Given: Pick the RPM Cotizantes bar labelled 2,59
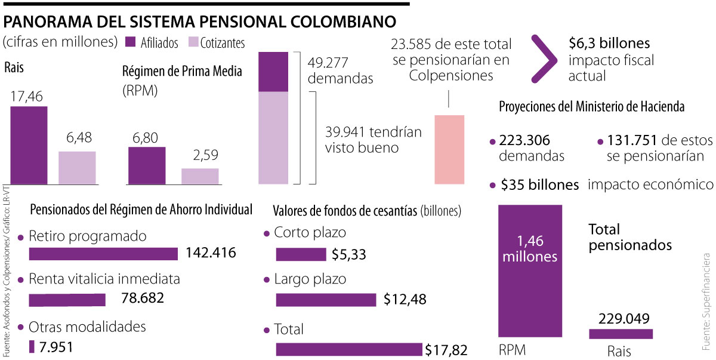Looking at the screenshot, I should pyautogui.click(x=200, y=176).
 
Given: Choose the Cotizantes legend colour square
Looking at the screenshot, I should pyautogui.click(x=193, y=42).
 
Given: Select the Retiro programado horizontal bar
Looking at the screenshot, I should pyautogui.click(x=103, y=254).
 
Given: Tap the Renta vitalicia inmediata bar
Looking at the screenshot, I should pyautogui.click(x=67, y=300).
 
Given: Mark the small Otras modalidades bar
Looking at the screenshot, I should pyautogui.click(x=32, y=346).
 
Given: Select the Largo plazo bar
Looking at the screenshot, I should pyautogui.click(x=326, y=300).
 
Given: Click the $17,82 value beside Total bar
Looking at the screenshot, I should pyautogui.click(x=446, y=350).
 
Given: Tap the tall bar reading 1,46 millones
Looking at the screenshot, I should pyautogui.click(x=530, y=271).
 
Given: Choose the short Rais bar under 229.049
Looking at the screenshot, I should pyautogui.click(x=621, y=334).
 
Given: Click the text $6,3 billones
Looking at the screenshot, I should pyautogui.click(x=609, y=44).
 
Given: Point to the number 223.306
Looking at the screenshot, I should pyautogui.click(x=524, y=141).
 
